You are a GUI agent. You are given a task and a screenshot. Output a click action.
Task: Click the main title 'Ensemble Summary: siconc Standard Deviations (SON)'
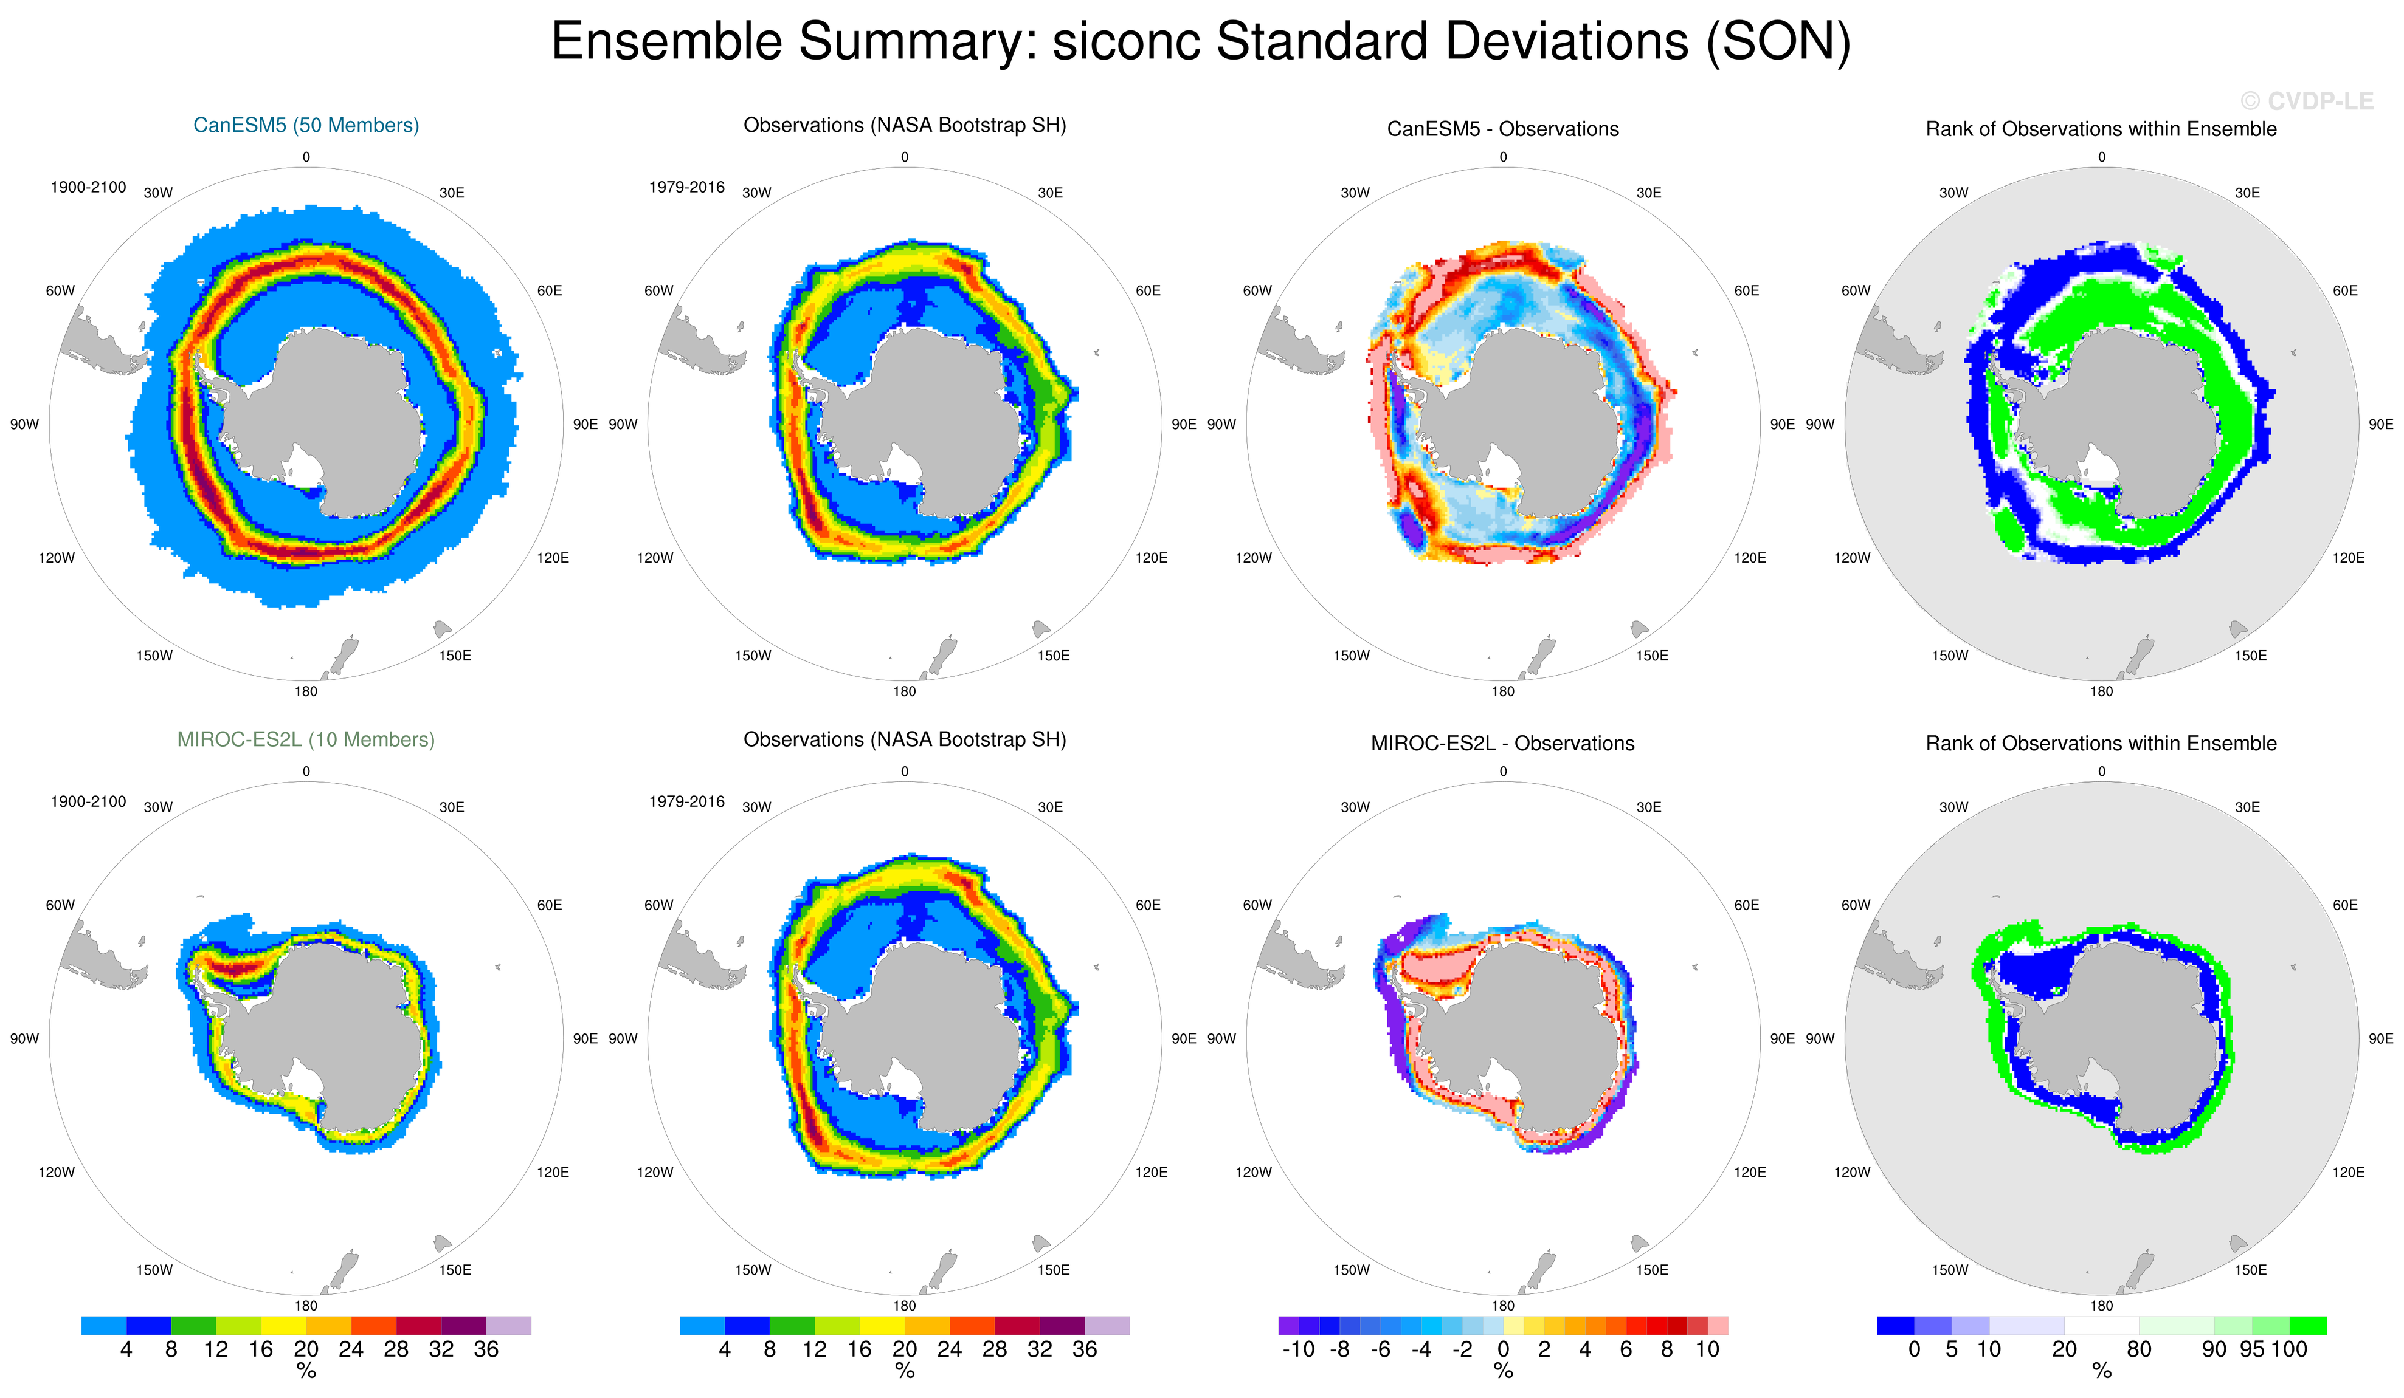click(1201, 42)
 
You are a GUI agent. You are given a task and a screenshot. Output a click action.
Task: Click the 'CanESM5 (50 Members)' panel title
click(306, 125)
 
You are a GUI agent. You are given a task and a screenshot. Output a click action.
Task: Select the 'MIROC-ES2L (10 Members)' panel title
click(306, 739)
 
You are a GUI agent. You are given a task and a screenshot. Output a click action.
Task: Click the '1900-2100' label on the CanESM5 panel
click(88, 187)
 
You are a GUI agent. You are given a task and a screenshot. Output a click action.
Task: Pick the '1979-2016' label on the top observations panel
click(687, 187)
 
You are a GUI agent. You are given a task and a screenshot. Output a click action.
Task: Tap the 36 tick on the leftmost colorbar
click(486, 1349)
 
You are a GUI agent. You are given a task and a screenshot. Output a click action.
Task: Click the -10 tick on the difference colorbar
click(1298, 1349)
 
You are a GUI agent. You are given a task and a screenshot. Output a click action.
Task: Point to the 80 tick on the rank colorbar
click(2139, 1349)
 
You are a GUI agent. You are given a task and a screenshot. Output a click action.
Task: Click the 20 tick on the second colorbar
click(904, 1349)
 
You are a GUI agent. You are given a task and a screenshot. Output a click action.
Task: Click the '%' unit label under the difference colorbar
click(1504, 1371)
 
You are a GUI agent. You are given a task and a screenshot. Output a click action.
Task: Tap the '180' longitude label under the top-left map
click(306, 691)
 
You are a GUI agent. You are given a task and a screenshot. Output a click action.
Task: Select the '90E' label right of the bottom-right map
click(2381, 1038)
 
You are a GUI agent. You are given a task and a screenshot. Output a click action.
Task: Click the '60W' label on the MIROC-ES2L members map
click(60, 905)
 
